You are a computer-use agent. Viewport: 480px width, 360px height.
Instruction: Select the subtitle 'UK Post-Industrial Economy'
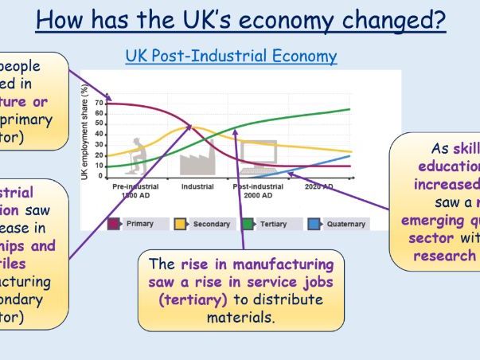coord(231,57)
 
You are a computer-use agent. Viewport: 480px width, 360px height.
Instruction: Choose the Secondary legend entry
coord(203,224)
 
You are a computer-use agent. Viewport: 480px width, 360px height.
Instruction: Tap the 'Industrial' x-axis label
coord(197,186)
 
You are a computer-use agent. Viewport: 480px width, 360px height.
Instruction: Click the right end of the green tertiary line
coord(349,109)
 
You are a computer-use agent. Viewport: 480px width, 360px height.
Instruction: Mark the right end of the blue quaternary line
coord(349,155)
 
